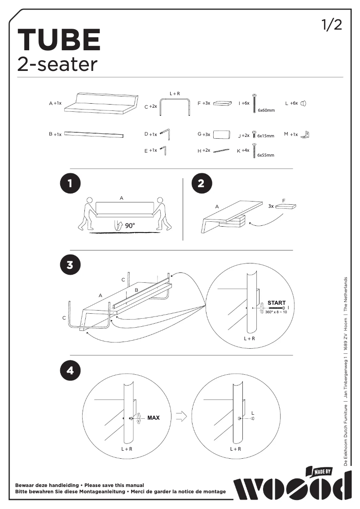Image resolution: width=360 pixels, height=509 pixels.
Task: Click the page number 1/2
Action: (x=332, y=25)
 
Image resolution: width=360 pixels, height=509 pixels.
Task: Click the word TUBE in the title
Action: (x=59, y=40)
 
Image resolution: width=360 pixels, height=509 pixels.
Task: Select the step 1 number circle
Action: (x=70, y=183)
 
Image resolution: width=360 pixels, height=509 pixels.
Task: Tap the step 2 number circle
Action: (x=201, y=183)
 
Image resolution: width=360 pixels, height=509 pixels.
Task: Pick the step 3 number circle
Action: (x=70, y=265)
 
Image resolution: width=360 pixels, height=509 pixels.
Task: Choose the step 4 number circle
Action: (x=70, y=371)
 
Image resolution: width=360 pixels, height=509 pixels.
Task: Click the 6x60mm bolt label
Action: (x=266, y=110)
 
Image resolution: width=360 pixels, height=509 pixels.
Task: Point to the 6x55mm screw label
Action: (x=265, y=155)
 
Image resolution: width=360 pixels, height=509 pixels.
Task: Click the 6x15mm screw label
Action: (x=265, y=136)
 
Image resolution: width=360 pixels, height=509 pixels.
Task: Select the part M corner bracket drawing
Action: (x=307, y=134)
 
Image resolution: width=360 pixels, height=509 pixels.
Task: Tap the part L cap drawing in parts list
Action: (x=304, y=103)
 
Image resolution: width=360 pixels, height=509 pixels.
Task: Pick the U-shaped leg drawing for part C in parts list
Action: (x=175, y=106)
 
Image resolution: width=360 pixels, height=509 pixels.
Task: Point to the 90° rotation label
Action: (x=130, y=226)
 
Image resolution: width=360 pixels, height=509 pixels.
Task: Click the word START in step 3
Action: (x=277, y=303)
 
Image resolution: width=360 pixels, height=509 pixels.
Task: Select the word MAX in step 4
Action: (x=153, y=418)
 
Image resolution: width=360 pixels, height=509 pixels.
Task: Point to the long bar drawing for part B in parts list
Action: (x=95, y=134)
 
